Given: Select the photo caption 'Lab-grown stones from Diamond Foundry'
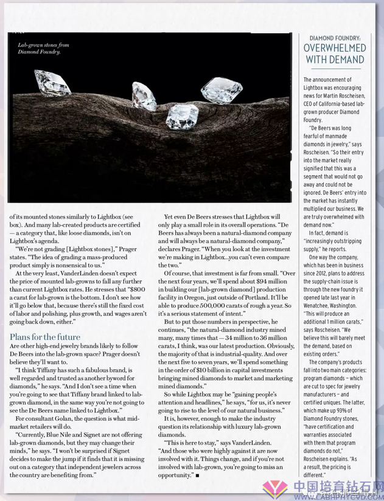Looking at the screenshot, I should (x=43, y=49).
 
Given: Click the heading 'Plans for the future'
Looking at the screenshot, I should (x=45, y=336).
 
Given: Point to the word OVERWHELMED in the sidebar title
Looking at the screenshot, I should (x=334, y=48).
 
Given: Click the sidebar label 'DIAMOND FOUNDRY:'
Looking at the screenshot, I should (x=334, y=36).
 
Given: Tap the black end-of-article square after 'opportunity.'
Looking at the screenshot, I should (x=198, y=474).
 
